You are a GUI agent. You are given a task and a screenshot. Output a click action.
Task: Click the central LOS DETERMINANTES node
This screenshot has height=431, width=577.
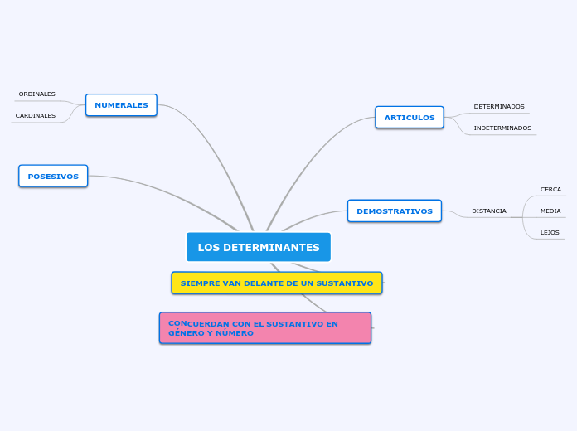[x=258, y=247]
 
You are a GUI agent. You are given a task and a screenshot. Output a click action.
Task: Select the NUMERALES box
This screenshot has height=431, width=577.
[x=121, y=105]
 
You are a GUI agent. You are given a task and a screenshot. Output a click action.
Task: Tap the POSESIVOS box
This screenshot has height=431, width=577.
[x=53, y=176]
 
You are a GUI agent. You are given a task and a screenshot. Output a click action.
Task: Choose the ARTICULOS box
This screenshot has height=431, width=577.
[x=410, y=118]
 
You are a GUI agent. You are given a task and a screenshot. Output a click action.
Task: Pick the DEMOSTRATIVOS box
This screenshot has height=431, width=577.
[x=395, y=211]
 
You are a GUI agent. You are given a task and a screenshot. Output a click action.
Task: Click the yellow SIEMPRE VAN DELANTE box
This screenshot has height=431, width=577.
[x=277, y=283]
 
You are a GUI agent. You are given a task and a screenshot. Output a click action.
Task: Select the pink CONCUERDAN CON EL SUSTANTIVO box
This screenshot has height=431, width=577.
[x=265, y=328]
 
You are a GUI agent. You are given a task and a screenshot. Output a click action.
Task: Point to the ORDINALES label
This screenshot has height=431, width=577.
[x=36, y=94]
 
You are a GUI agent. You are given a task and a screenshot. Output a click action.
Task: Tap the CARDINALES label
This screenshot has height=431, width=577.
[x=36, y=116]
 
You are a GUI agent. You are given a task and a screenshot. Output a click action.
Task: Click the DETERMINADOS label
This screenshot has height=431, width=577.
[x=499, y=107]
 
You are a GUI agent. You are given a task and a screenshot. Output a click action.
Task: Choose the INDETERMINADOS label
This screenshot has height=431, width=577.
[x=502, y=128]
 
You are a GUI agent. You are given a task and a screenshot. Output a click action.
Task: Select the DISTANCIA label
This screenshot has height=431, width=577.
[x=489, y=211]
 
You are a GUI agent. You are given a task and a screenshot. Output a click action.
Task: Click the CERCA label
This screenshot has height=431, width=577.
[x=550, y=190]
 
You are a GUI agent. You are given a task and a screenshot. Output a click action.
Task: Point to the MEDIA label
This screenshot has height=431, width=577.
[x=550, y=211]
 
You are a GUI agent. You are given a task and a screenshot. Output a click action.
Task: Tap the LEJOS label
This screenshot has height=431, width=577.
[x=550, y=233]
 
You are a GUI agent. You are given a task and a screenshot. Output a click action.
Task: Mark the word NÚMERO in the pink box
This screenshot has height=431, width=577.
[x=235, y=333]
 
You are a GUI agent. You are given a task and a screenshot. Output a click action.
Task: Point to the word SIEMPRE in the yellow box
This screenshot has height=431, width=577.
[x=198, y=283]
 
